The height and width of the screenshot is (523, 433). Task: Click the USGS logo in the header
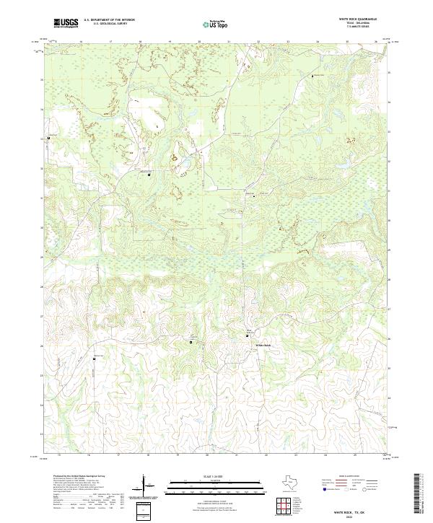[66, 23]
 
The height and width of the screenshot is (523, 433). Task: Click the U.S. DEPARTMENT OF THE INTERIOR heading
[110, 19]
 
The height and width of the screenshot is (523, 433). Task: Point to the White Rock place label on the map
[263, 346]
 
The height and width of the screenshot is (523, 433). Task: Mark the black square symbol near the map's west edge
[49, 137]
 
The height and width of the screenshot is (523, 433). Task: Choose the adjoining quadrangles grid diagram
[287, 505]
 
